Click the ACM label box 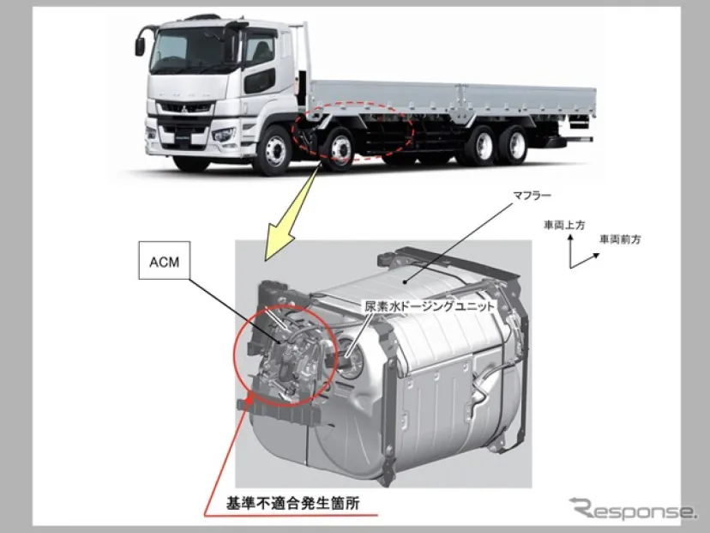164,260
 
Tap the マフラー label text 532,196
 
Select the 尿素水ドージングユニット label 430,306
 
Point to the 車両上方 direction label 564,225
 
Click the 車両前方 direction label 620,239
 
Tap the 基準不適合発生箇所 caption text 293,503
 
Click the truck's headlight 224,135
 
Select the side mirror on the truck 140,46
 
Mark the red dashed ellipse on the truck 352,131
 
